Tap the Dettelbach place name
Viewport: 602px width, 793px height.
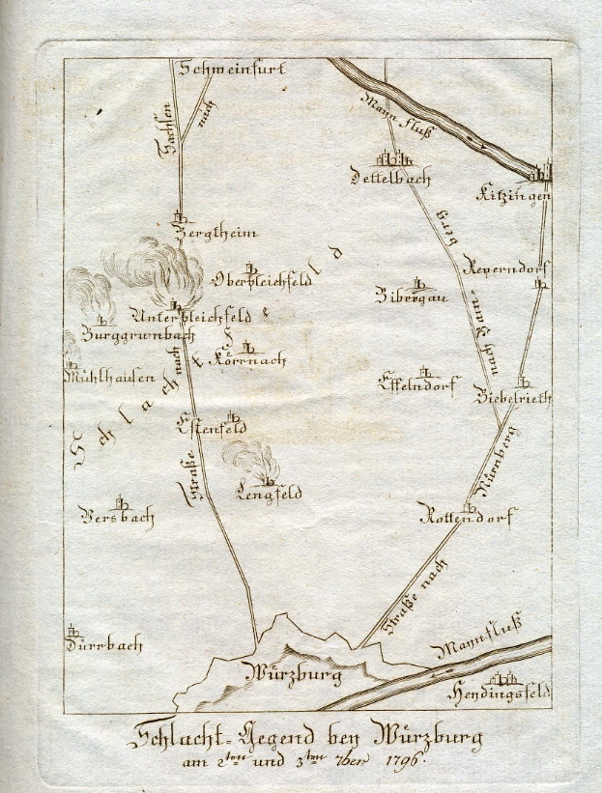pos(391,178)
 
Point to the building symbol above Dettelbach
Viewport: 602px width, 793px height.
pos(390,158)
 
